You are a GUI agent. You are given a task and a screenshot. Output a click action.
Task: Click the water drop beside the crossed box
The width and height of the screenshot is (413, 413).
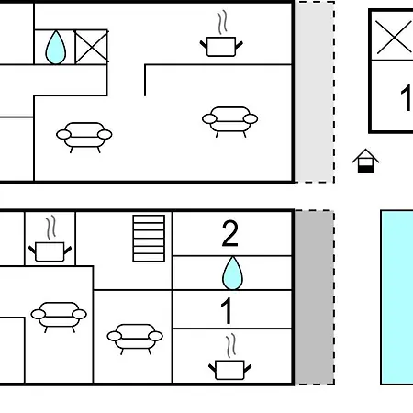click(56, 48)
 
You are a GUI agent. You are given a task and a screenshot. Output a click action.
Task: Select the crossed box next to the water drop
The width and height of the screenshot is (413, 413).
click(92, 47)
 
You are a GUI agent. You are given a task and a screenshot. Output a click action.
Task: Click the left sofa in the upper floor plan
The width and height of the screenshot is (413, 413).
click(84, 138)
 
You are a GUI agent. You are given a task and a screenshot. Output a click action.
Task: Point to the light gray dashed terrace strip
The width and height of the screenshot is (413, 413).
click(315, 92)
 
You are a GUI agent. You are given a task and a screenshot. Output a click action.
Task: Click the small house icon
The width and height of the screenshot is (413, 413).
click(365, 161)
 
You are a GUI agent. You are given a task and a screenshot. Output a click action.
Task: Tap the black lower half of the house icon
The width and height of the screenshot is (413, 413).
click(365, 169)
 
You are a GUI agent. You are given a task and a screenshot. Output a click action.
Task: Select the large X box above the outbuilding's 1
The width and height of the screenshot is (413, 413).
click(393, 37)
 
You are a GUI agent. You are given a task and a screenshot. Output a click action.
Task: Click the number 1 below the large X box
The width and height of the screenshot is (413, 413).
click(407, 98)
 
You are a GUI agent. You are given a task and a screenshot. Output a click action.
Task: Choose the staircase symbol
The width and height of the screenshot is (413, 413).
click(149, 239)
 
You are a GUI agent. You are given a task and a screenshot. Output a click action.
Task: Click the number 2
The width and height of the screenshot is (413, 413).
click(229, 233)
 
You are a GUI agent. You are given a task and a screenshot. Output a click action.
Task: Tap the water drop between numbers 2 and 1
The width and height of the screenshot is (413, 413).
click(232, 273)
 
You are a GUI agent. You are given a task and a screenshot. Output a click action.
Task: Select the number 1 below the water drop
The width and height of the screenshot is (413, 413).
click(227, 311)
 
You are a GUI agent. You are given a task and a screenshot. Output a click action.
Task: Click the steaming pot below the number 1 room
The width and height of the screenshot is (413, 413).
click(229, 357)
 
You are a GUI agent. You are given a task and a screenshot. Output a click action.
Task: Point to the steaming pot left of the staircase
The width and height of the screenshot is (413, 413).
click(50, 239)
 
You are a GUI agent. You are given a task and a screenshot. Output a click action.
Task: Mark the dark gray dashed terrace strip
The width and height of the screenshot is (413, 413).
click(315, 297)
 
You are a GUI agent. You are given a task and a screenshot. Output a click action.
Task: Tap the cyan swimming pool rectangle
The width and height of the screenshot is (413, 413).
click(397, 297)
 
